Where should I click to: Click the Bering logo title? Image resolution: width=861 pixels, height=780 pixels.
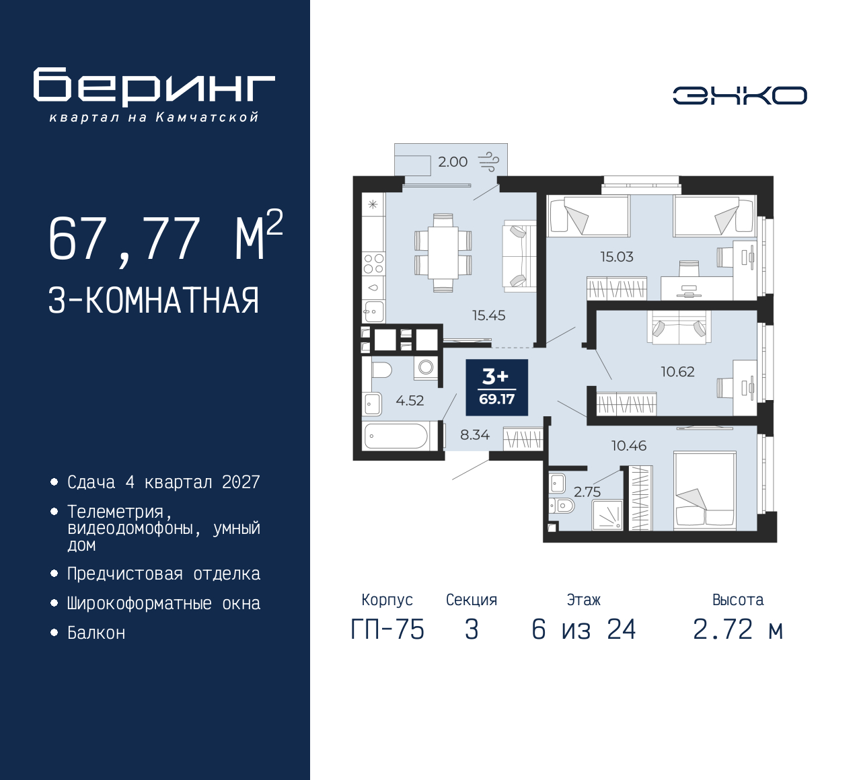pyautogui.click(x=154, y=87)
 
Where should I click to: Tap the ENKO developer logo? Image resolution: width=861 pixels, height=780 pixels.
pyautogui.click(x=739, y=95)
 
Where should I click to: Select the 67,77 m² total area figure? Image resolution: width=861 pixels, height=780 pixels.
pyautogui.click(x=165, y=238)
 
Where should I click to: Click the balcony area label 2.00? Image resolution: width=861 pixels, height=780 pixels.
pyautogui.click(x=453, y=162)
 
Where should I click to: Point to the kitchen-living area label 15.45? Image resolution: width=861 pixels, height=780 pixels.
pyautogui.click(x=488, y=315)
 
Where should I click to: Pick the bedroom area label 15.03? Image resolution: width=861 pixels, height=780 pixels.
pyautogui.click(x=616, y=257)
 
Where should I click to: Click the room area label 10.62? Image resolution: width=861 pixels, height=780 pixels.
pyautogui.click(x=677, y=372)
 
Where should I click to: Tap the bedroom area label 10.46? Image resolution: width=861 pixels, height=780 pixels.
pyautogui.click(x=628, y=446)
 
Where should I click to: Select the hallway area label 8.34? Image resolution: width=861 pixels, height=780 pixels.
pyautogui.click(x=474, y=435)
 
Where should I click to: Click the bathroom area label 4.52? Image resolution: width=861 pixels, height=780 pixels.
pyautogui.click(x=410, y=401)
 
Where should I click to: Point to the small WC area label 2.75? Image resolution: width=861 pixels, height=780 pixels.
pyautogui.click(x=587, y=492)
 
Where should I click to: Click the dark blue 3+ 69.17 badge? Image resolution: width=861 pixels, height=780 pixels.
pyautogui.click(x=496, y=387)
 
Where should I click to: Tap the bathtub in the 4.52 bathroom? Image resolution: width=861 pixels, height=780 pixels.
pyautogui.click(x=396, y=436)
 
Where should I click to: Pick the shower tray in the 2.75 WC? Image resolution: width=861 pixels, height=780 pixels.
pyautogui.click(x=608, y=515)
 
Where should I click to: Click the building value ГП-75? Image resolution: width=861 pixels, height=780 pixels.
pyautogui.click(x=387, y=630)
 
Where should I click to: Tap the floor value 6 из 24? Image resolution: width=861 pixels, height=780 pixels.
pyautogui.click(x=583, y=630)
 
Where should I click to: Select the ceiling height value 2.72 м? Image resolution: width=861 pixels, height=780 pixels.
pyautogui.click(x=738, y=630)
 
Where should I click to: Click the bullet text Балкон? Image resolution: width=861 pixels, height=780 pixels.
pyautogui.click(x=96, y=633)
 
